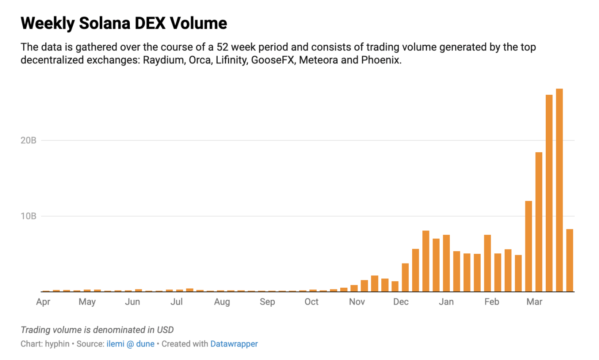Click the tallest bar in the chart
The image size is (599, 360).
559,190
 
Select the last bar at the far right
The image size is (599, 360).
569,260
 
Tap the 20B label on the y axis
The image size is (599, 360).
28,140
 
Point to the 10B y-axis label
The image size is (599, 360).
28,216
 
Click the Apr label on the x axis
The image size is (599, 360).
43,302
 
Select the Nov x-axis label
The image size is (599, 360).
357,302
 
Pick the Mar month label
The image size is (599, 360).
534,302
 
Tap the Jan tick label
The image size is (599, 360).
446,302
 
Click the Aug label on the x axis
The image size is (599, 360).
222,302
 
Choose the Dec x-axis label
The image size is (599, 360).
401,302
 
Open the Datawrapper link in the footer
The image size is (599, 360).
234,344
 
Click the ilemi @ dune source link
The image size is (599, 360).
130,344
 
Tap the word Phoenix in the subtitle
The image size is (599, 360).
380,60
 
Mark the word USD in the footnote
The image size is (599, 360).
165,330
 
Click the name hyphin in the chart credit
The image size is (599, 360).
57,344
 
